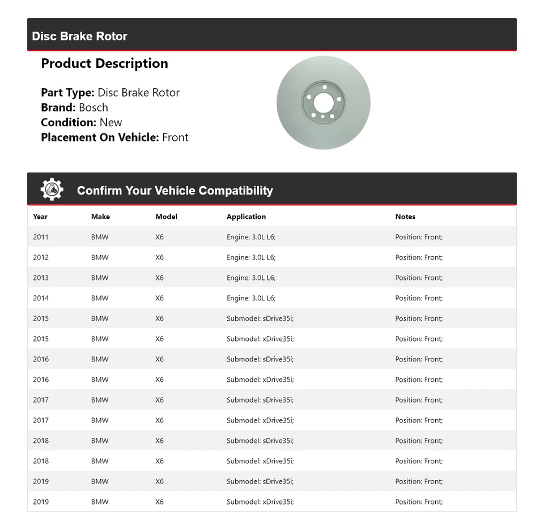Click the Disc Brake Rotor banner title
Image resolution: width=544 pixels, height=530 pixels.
[79, 36]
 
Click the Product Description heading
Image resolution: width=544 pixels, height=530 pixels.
[104, 63]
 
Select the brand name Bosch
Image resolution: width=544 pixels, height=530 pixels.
[93, 107]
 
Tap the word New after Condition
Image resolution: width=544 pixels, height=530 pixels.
[111, 122]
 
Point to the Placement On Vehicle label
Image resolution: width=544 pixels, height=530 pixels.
[100, 137]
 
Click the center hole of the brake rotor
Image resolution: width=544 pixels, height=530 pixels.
[324, 103]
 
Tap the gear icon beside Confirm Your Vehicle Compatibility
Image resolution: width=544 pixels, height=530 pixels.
[52, 189]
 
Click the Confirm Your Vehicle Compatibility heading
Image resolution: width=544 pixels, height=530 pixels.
[175, 191]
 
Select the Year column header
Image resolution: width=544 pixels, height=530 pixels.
[40, 217]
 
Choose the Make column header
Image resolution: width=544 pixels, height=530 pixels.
[100, 217]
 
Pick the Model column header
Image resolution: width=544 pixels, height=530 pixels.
[166, 217]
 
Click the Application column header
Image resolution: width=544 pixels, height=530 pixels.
[246, 217]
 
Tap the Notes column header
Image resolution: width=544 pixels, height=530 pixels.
[405, 217]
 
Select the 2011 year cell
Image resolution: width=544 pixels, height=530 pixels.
[41, 237]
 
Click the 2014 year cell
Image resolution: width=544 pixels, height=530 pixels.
[41, 298]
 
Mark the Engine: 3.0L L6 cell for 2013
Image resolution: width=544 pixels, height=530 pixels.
[251, 278]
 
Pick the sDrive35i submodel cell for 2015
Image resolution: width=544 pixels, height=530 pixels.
[260, 318]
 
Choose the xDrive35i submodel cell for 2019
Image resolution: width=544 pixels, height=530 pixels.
[260, 502]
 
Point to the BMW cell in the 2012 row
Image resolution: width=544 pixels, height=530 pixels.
[100, 257]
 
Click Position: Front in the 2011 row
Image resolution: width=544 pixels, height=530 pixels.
[419, 237]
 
